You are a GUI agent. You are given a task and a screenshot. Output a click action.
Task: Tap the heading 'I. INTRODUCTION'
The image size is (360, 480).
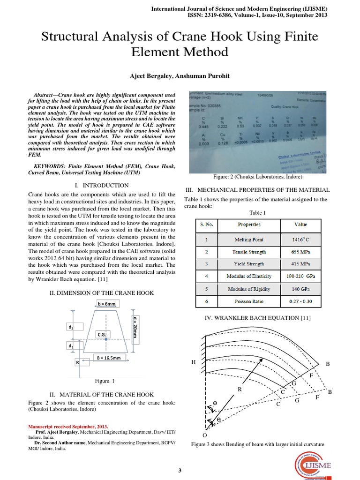click(102, 186)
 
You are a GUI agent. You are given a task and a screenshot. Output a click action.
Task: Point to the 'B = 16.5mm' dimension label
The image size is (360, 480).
click(109, 358)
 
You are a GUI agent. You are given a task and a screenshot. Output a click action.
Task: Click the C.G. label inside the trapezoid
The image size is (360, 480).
click(103, 334)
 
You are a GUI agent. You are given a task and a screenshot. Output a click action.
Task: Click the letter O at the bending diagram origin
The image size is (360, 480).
click(204, 435)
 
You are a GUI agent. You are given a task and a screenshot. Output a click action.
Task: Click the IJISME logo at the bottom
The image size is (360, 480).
click(318, 465)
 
